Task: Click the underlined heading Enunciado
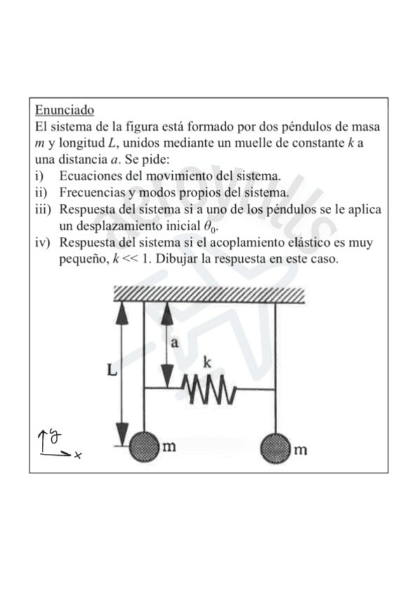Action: coord(64,110)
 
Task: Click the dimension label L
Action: coord(111,372)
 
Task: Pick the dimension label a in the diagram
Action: coord(175,342)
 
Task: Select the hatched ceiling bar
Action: coord(209,294)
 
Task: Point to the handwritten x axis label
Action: coord(78,455)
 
